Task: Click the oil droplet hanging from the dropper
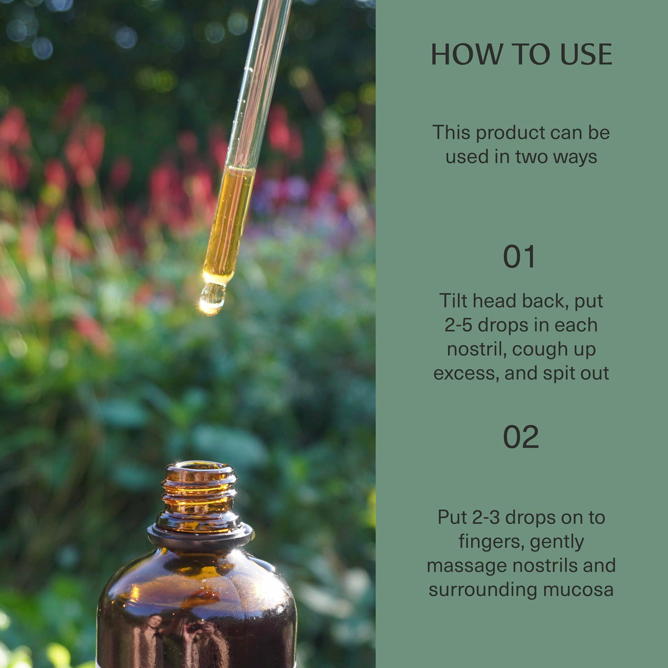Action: click(x=213, y=298)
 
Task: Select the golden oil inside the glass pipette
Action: click(x=229, y=222)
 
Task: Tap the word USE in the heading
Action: click(x=586, y=55)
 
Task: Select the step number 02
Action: click(x=520, y=437)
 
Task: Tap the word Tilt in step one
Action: click(x=454, y=301)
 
